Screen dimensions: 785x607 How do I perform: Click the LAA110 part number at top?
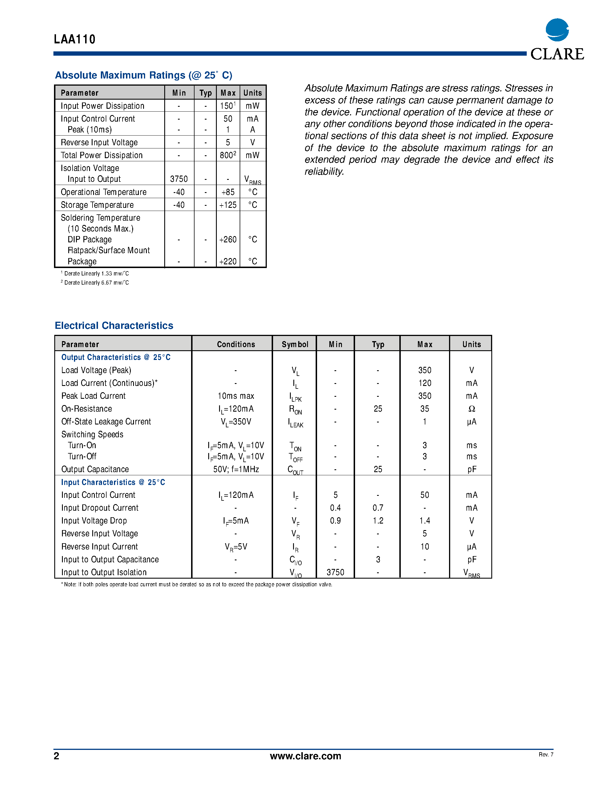(75, 39)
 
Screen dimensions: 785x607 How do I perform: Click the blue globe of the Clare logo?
(557, 30)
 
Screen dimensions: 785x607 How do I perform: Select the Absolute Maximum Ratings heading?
(143, 75)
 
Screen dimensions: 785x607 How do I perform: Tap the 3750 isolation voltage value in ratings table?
(179, 179)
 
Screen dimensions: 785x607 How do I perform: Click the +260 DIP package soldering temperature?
(228, 239)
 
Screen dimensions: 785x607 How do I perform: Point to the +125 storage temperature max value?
(228, 205)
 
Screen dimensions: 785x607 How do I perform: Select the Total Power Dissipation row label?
(101, 155)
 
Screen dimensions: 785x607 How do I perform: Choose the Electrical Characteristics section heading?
(114, 325)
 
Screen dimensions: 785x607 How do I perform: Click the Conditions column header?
(236, 344)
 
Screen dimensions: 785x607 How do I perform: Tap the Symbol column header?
(295, 344)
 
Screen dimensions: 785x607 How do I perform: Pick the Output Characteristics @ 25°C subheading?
(116, 357)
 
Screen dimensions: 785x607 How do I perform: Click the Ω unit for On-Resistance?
(471, 409)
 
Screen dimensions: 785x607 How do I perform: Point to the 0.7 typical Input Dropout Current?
(378, 508)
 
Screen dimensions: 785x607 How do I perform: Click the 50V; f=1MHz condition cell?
(236, 469)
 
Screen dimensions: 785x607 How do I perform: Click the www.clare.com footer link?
(305, 756)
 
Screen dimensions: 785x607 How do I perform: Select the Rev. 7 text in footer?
(546, 754)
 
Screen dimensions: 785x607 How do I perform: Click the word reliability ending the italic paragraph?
(324, 172)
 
